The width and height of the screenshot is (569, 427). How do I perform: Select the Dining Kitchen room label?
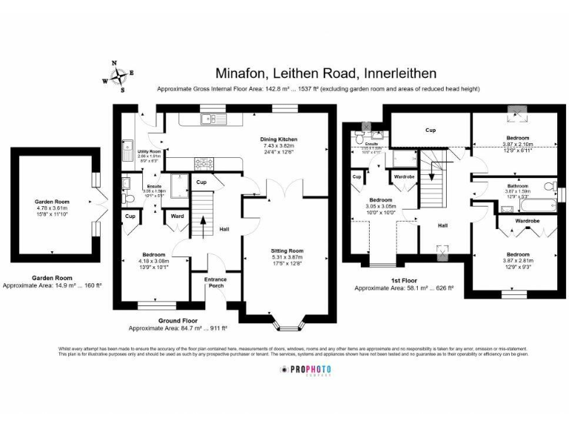[x=278, y=139]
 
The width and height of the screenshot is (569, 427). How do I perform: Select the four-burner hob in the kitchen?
[x=203, y=162]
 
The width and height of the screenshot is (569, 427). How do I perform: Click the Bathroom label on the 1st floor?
[x=517, y=185]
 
